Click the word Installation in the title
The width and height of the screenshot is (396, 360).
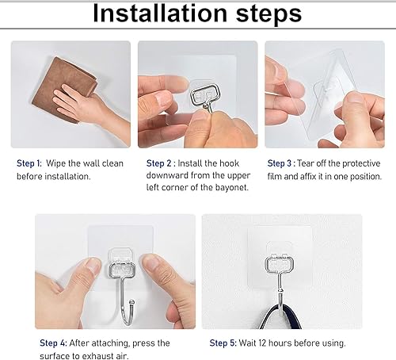[160, 13]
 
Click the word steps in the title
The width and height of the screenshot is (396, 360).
[268, 14]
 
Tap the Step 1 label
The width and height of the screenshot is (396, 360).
[29, 163]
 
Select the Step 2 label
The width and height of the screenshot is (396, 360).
[159, 163]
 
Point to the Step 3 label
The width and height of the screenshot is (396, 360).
[280, 163]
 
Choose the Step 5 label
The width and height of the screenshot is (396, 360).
[223, 343]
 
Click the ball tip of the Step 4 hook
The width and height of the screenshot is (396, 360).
[131, 302]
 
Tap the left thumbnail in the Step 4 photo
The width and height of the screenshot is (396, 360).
[93, 265]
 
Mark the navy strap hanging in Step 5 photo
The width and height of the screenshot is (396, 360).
[280, 317]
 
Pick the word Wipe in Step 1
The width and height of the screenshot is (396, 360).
[56, 163]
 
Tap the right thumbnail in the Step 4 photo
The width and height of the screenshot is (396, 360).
[150, 264]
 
